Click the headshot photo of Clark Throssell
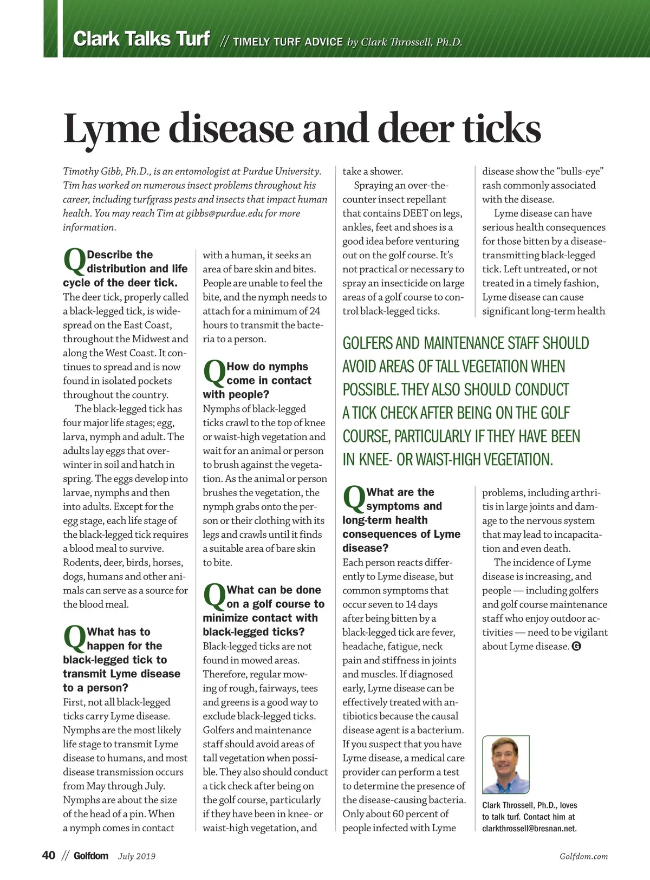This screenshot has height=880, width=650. (505, 765)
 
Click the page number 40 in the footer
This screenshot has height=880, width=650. (49, 856)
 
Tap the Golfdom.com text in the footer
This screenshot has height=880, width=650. (583, 856)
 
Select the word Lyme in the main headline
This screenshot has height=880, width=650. (111, 129)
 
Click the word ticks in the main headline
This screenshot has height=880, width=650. (502, 129)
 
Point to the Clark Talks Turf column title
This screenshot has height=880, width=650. (141, 39)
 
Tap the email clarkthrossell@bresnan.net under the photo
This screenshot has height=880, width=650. (529, 829)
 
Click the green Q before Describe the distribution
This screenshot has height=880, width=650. (74, 261)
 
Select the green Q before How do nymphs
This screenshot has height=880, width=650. (214, 373)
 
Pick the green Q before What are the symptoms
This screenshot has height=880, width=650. (354, 498)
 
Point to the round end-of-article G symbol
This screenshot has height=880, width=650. (576, 646)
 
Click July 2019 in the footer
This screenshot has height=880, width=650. (136, 856)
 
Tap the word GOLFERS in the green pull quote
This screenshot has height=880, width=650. (367, 343)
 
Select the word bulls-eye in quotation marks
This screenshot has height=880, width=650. (580, 171)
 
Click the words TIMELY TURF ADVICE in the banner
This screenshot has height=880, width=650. (288, 42)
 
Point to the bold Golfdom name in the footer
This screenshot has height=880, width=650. (91, 856)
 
